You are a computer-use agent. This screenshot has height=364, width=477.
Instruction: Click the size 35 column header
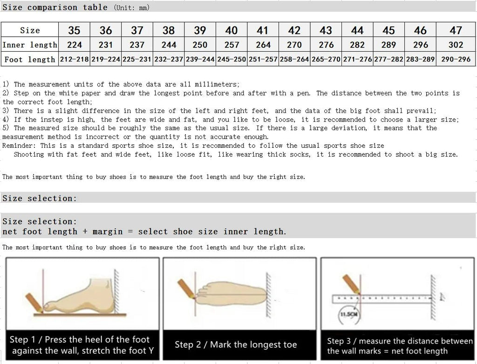click(x=74, y=30)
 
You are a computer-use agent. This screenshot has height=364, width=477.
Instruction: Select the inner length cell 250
click(x=200, y=45)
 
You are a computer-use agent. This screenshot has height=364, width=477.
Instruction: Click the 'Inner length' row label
click(x=30, y=45)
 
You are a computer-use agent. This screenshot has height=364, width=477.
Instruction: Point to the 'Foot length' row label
click(x=30, y=60)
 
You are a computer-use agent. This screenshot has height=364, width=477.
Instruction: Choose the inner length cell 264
click(x=263, y=45)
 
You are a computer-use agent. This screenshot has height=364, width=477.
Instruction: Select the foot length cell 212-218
click(x=74, y=60)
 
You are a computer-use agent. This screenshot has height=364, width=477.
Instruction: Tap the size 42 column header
click(x=294, y=30)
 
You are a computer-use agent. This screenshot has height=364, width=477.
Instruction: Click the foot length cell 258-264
click(x=294, y=60)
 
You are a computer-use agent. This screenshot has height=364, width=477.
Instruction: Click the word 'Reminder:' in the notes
click(x=19, y=145)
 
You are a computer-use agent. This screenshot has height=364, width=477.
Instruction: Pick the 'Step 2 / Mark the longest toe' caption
click(x=236, y=345)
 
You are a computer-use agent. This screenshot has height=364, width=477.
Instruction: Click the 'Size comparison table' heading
click(x=40, y=7)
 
